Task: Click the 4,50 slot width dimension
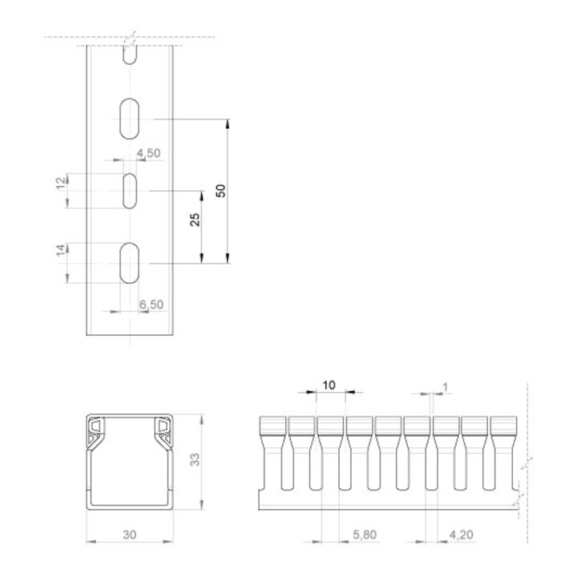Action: (149, 153)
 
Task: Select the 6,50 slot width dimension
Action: (151, 305)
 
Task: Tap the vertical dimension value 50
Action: (221, 191)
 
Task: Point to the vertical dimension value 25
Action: (195, 220)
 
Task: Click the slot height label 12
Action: (62, 183)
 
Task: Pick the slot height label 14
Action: (62, 250)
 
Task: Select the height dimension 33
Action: (195, 460)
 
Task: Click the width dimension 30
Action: (130, 535)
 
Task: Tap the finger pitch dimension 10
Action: (329, 385)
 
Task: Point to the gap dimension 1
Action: (446, 387)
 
